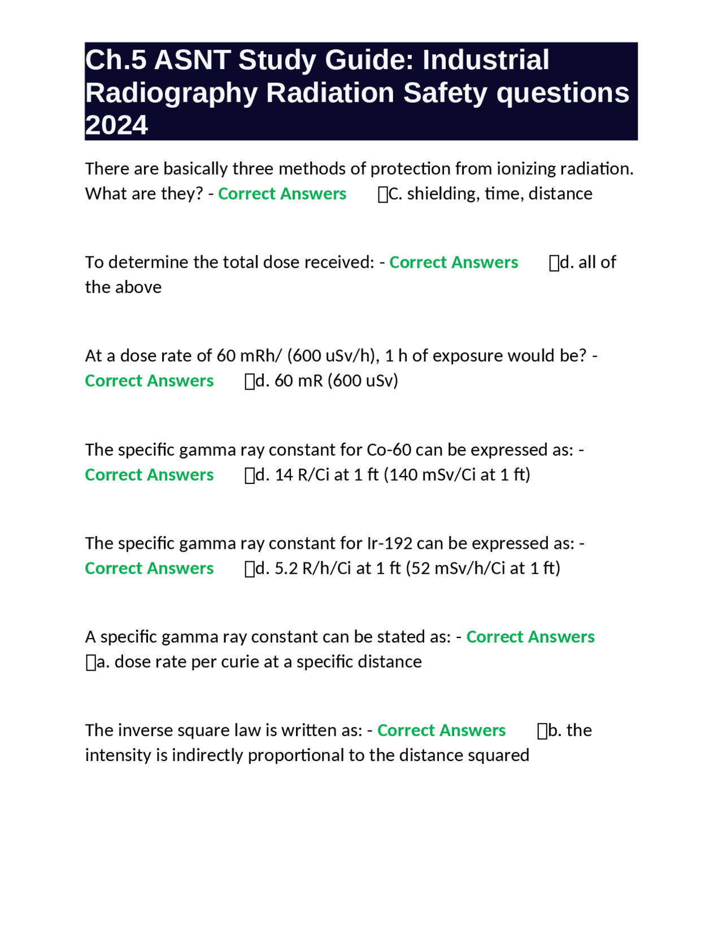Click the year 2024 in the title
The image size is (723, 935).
point(116,125)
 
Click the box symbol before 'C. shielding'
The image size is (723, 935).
point(383,195)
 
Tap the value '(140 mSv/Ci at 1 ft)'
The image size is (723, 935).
point(457,474)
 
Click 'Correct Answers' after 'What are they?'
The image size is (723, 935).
point(282,194)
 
